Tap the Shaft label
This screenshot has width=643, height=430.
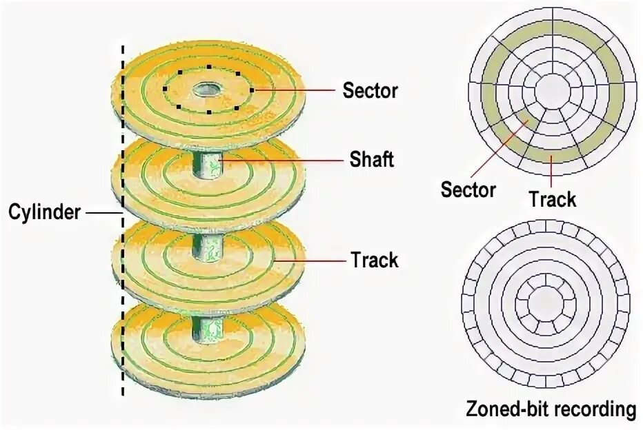click(371, 160)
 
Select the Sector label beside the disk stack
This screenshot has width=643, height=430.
click(370, 90)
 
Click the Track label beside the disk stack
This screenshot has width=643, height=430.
click(374, 260)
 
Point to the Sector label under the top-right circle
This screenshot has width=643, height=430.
click(468, 189)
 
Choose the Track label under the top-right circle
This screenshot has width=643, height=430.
click(552, 199)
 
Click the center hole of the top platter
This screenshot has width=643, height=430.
click(206, 89)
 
